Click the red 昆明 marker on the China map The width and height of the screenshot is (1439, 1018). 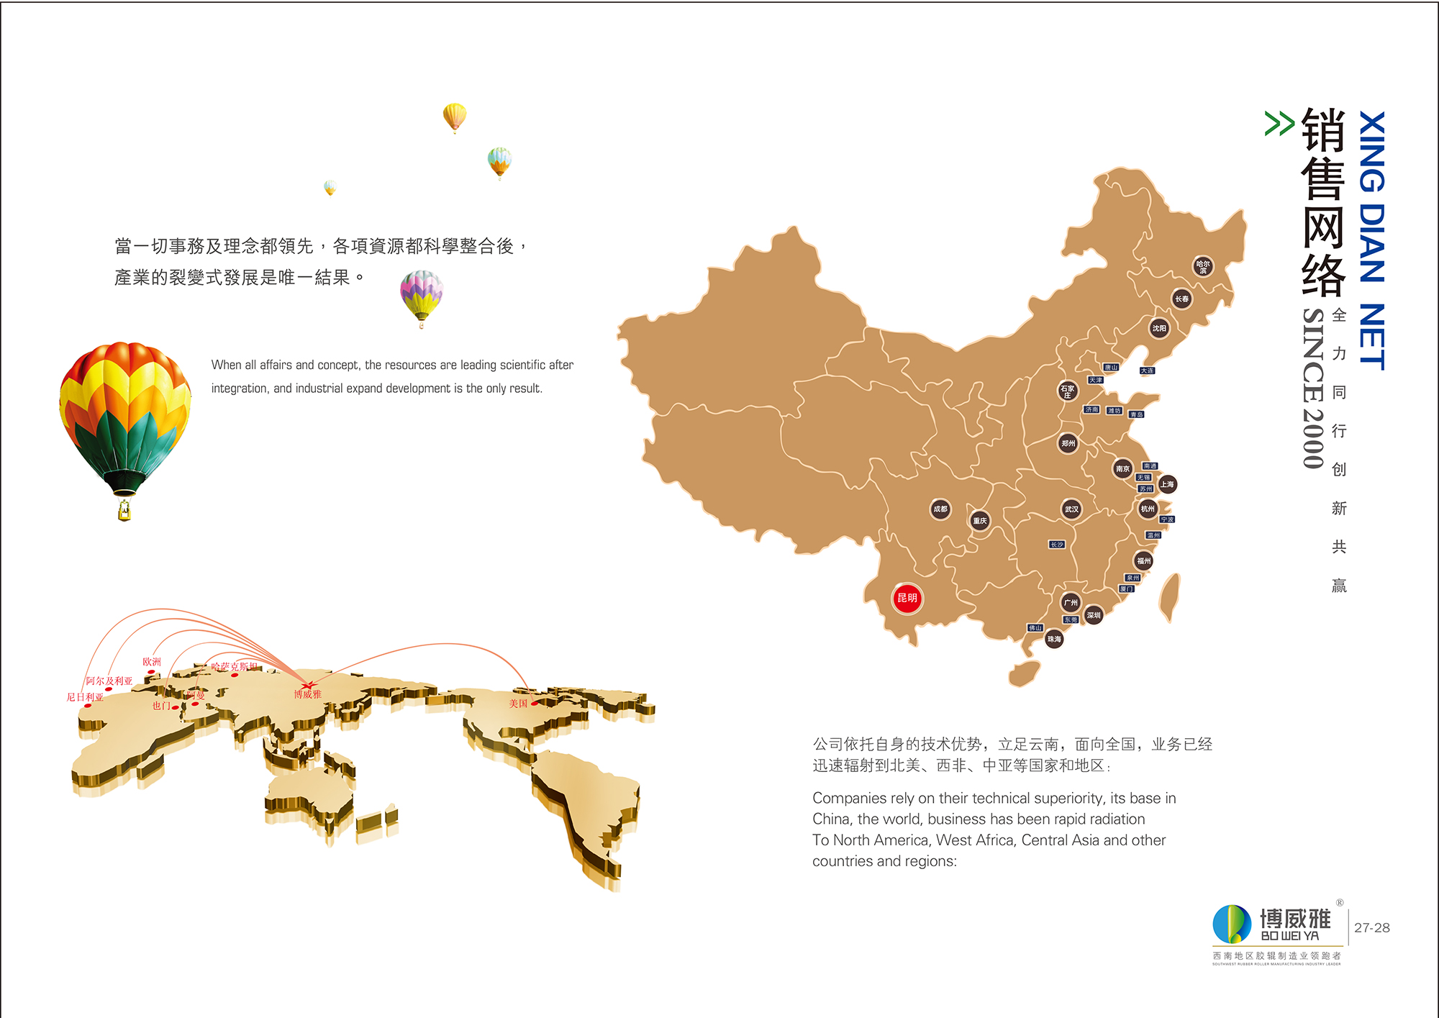click(907, 598)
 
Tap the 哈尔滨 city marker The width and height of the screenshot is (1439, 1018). click(1203, 266)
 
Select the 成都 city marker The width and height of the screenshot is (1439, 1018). click(940, 509)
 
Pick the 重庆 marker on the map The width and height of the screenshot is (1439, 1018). click(980, 520)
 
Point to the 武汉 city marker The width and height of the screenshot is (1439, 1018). click(1071, 509)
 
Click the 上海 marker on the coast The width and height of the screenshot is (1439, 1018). click(1167, 484)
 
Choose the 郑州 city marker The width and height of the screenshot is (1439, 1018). click(1068, 443)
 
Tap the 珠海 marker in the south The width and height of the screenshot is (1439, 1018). click(1054, 639)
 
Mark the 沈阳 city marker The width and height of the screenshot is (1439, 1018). click(1159, 328)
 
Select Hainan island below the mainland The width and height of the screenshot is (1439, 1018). click(1025, 673)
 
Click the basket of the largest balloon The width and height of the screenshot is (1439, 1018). click(124, 510)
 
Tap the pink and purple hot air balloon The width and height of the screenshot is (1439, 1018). click(422, 295)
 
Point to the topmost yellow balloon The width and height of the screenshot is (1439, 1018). click(455, 116)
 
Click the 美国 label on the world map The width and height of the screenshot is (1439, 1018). click(518, 703)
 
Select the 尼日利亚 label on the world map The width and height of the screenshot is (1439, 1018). click(85, 696)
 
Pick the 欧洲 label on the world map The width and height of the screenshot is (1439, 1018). click(152, 661)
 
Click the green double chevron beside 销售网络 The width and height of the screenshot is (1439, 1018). click(1279, 123)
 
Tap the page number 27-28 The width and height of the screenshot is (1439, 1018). click(1371, 927)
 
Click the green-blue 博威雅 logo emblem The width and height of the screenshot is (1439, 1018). click(1232, 924)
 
